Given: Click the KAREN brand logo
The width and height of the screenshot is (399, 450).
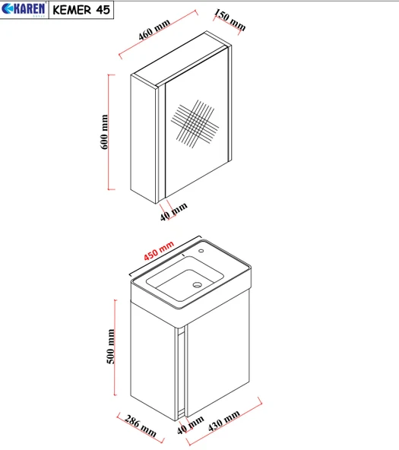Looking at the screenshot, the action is (x=24, y=9).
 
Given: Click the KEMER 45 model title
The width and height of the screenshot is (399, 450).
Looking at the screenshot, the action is (x=81, y=10).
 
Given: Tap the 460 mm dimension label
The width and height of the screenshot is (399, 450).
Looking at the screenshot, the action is (x=154, y=30).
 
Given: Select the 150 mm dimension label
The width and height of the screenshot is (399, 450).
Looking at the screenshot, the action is (x=230, y=20).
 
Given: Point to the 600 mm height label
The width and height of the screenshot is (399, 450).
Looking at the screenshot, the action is (x=104, y=132).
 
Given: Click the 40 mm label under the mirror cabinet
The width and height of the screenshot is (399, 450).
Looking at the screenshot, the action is (x=173, y=211).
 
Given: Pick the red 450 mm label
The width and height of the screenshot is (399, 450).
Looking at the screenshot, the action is (x=159, y=251).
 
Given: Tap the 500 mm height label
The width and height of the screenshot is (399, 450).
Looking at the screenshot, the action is (x=111, y=347).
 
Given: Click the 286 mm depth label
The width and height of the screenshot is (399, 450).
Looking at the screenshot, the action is (x=141, y=426).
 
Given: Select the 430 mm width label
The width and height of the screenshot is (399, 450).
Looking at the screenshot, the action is (x=223, y=420).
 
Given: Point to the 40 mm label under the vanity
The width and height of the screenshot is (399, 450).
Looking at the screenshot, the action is (x=190, y=425).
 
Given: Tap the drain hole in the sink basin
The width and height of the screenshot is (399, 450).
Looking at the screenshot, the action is (x=198, y=285).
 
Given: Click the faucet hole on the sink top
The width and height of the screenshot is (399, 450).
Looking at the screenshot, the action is (x=201, y=251).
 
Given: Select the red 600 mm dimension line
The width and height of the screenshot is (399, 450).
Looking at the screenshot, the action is (x=109, y=132).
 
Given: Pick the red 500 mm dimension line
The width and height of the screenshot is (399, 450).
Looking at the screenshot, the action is (x=116, y=347).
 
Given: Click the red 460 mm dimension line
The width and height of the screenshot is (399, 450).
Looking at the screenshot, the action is (x=158, y=34).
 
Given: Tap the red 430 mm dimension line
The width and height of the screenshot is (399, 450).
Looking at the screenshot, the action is (x=224, y=422).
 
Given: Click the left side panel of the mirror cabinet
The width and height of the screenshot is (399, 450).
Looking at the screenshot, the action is (x=143, y=138).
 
